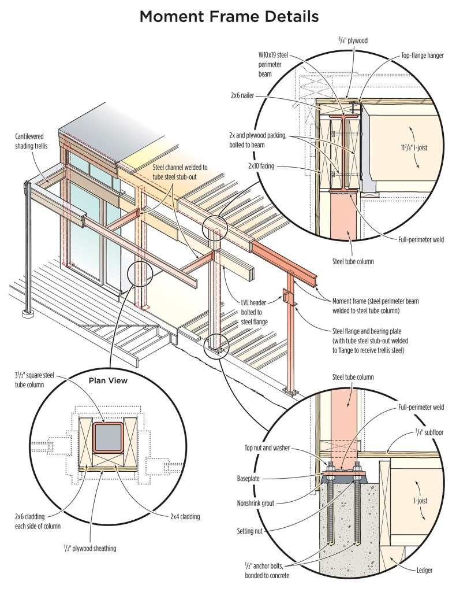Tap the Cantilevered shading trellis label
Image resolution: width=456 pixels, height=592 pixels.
pyautogui.click(x=36, y=142)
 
